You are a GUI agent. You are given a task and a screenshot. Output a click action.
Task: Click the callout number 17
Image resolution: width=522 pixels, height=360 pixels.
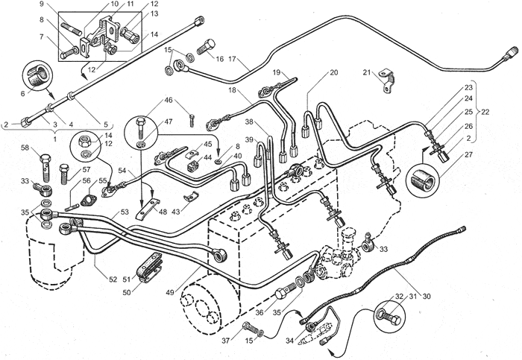pyautogui.click(x=233, y=59)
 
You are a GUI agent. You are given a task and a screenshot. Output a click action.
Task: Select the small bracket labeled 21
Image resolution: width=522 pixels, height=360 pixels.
pyautogui.click(x=387, y=80)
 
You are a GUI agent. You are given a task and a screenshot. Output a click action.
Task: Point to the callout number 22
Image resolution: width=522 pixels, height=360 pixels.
pyautogui.click(x=485, y=112)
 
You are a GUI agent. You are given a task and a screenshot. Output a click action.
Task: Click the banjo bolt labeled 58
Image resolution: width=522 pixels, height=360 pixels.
pyautogui.click(x=45, y=167)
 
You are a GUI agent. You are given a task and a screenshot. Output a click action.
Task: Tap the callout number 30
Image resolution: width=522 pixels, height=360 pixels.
pyautogui.click(x=426, y=296)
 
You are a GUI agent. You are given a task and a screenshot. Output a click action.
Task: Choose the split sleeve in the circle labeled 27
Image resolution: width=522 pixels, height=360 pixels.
pyautogui.click(x=423, y=181)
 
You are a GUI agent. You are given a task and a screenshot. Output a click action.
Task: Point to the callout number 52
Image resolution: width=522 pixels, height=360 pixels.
pyautogui.click(x=113, y=280)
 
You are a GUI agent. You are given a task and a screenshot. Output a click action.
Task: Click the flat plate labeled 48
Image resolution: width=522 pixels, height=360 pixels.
pyautogui.click(x=148, y=209)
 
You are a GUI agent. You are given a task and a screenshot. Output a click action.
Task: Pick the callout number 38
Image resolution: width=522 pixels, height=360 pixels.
pyautogui.click(x=251, y=121)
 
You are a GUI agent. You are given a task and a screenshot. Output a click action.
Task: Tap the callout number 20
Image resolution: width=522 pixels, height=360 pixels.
pyautogui.click(x=334, y=72)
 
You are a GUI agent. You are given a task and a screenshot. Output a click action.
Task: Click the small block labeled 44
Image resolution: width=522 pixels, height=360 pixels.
pyautogui.click(x=193, y=165)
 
